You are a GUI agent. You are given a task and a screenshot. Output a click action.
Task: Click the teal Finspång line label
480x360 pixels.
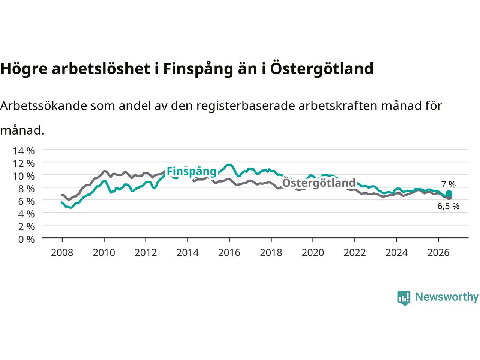192,172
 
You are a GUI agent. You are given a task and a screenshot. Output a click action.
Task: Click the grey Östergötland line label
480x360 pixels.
319,183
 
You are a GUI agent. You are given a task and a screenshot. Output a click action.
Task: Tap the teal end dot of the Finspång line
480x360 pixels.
449,193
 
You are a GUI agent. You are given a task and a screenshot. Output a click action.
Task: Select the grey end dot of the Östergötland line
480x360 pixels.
449,197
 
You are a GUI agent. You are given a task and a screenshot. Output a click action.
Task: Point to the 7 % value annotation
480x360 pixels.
448,185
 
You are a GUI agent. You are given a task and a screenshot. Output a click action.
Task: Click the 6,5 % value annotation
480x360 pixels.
448,206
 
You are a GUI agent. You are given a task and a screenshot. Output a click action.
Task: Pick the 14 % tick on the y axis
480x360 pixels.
24,151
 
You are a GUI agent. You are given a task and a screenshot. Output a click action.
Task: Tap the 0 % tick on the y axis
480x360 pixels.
26,240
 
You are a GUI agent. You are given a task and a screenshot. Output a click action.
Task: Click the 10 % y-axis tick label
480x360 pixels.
24,176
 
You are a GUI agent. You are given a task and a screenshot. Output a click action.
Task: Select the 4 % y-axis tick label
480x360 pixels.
26,214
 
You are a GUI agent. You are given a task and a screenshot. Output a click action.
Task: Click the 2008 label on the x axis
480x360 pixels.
62,253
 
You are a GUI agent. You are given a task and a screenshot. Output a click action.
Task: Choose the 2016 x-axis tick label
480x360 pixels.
229,253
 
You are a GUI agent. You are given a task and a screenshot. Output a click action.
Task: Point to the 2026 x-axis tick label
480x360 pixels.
438,253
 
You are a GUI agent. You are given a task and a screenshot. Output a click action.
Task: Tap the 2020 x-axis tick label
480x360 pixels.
313,253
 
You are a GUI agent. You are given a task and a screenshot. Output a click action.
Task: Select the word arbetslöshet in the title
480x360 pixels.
101,68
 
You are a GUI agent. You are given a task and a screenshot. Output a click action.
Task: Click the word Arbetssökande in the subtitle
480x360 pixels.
44,106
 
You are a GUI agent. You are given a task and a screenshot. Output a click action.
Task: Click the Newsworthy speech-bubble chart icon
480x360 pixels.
403,298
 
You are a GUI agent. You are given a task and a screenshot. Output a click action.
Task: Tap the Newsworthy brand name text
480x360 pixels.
447,297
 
